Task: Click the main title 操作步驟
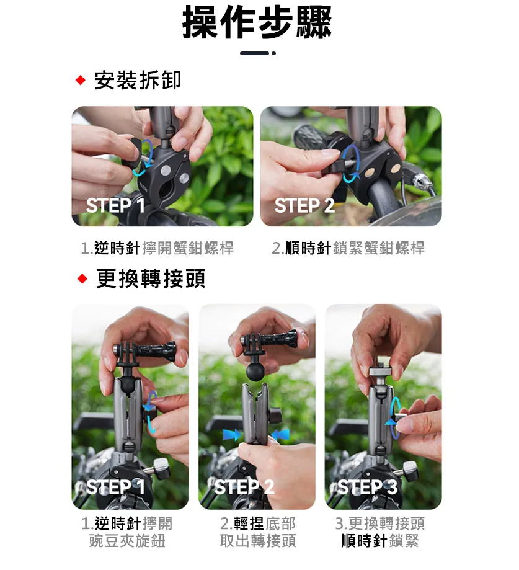(257, 22)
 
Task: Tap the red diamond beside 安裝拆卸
(81, 80)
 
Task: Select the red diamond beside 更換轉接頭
(82, 279)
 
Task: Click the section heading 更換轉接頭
(151, 279)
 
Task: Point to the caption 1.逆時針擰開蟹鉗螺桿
(157, 248)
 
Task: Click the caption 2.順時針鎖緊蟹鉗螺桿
(348, 248)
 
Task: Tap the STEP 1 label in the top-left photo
(115, 206)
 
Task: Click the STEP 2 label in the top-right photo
(304, 206)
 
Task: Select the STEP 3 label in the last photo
(367, 487)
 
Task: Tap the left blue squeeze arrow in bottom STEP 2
(231, 434)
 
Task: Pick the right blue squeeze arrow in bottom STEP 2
(280, 434)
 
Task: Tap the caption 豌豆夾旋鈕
(127, 541)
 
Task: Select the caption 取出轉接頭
(258, 541)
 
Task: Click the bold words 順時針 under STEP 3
(364, 541)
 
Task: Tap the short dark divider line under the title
(254, 53)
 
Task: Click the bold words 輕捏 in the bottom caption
(249, 523)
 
